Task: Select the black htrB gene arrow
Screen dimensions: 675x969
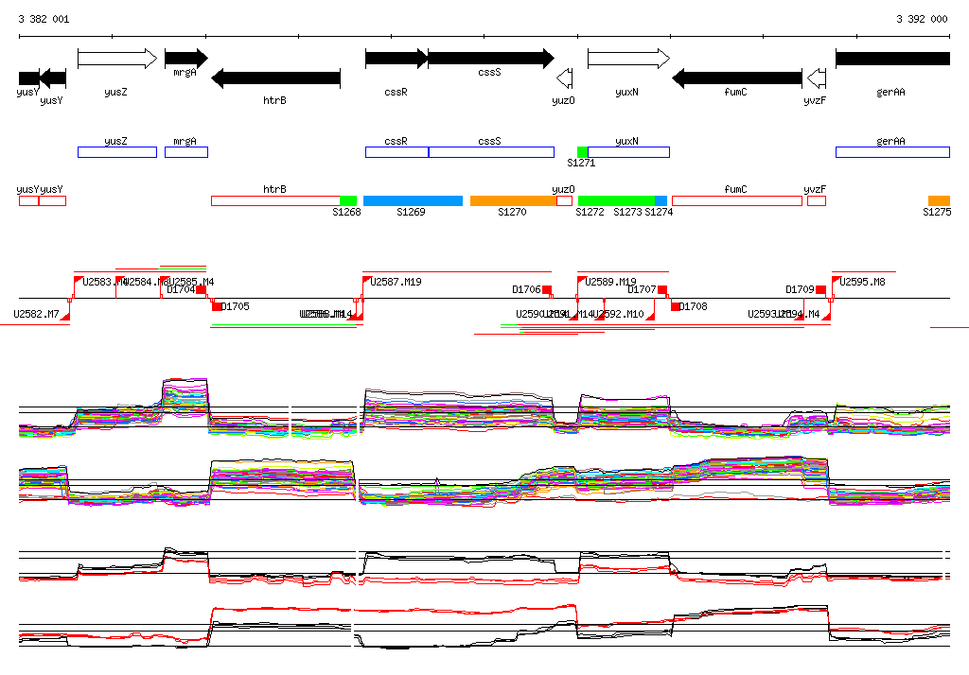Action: [x=275, y=78]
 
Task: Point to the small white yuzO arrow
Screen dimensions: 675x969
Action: [x=565, y=78]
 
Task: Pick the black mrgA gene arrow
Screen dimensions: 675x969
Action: [x=185, y=59]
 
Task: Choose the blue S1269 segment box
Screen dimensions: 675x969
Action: [x=413, y=200]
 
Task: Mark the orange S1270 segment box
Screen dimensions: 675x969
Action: [x=513, y=200]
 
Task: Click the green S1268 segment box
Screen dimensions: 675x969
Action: [x=348, y=200]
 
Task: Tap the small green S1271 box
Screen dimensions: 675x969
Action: [x=583, y=152]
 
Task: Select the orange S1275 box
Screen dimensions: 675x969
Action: [x=939, y=200]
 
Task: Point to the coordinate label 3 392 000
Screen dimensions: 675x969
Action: [x=922, y=19]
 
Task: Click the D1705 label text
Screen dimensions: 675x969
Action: [x=236, y=306]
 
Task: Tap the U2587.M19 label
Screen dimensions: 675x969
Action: [x=396, y=282]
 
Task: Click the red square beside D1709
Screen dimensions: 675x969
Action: [x=820, y=289]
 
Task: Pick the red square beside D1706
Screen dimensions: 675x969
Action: [x=547, y=289]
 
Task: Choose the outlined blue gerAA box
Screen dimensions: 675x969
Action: [x=892, y=152]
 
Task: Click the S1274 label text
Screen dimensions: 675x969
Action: [x=659, y=213]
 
